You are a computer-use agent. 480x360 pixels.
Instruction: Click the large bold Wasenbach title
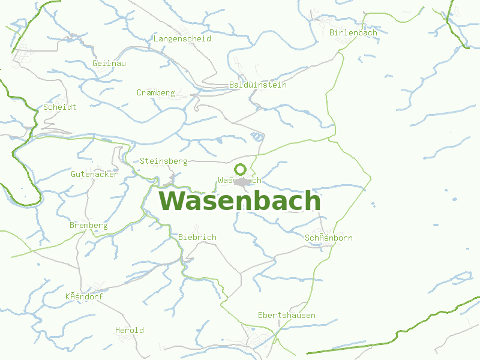pyautogui.click(x=239, y=201)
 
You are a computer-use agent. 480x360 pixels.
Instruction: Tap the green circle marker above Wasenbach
pyautogui.click(x=240, y=169)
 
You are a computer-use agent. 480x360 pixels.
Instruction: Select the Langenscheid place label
pyautogui.click(x=182, y=38)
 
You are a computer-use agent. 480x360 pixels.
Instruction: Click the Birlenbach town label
pyautogui.click(x=353, y=32)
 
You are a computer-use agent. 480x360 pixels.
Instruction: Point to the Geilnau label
pyautogui.click(x=109, y=63)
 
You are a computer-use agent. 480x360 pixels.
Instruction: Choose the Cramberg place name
pyautogui.click(x=155, y=92)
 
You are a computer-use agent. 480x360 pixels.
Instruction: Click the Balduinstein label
pyautogui.click(x=258, y=85)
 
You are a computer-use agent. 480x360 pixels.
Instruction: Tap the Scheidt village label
pyautogui.click(x=59, y=107)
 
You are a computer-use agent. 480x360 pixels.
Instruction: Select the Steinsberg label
pyautogui.click(x=163, y=161)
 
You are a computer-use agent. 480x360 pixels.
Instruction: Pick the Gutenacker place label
pyautogui.click(x=94, y=174)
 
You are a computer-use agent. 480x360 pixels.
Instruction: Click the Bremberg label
pyautogui.click(x=88, y=225)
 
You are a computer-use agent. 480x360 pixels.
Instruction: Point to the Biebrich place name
pyautogui.click(x=197, y=237)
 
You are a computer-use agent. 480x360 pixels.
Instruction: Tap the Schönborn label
pyautogui.click(x=328, y=238)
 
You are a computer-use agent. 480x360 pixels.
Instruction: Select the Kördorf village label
pyautogui.click(x=84, y=296)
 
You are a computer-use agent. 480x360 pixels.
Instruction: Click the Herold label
pyautogui.click(x=129, y=330)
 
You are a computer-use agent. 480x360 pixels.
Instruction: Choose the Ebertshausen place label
pyautogui.click(x=286, y=315)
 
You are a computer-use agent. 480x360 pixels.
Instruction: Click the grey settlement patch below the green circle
pyautogui.click(x=242, y=182)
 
